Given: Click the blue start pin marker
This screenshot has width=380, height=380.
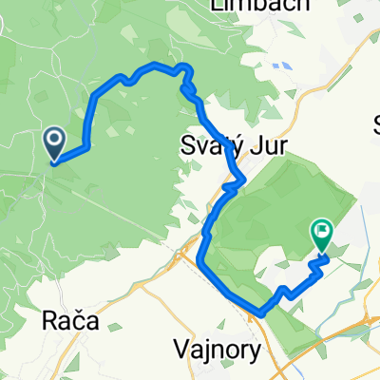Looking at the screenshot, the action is click(53, 144).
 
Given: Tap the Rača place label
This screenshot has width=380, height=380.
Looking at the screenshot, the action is click(71, 321).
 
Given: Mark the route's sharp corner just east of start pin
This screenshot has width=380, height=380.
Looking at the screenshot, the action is click(87, 146).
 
